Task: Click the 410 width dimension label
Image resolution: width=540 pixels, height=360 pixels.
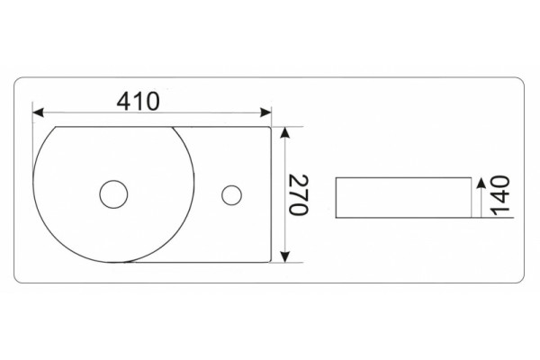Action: click(139, 102)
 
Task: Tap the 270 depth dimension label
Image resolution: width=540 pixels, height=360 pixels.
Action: click(298, 195)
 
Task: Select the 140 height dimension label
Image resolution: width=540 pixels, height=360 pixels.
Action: click(499, 195)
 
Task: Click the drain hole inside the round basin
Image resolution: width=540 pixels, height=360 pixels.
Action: click(113, 194)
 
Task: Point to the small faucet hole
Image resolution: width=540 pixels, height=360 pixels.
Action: click(231, 195)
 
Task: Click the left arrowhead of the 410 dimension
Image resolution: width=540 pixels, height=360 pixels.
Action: click(38, 112)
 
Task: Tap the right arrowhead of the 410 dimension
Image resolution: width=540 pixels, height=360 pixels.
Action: click(265, 112)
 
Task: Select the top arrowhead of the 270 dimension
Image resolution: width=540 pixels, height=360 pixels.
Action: click(284, 132)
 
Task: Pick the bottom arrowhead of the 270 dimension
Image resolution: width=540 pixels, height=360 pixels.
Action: click(284, 256)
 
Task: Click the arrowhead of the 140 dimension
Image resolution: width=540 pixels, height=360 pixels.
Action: click(480, 183)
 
